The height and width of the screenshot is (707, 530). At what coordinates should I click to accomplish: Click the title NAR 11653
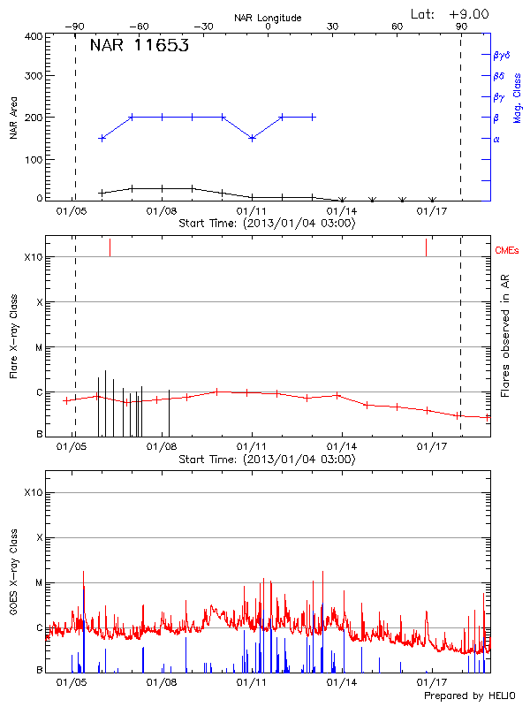coord(139,47)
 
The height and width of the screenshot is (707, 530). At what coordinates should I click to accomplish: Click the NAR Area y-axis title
coord(14,118)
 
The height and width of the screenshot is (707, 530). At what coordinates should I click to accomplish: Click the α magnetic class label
coord(496,139)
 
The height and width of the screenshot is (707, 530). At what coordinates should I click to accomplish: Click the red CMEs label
coord(508,251)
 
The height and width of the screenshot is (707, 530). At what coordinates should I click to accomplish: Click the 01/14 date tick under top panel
coord(342,211)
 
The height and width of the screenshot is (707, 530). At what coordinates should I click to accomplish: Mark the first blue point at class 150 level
coord(102,138)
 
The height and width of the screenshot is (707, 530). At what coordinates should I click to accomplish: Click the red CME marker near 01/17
coord(426,247)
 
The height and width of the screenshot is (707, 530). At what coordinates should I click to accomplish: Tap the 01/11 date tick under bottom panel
coord(252,683)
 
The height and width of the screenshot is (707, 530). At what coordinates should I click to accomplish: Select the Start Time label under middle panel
coord(267,460)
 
